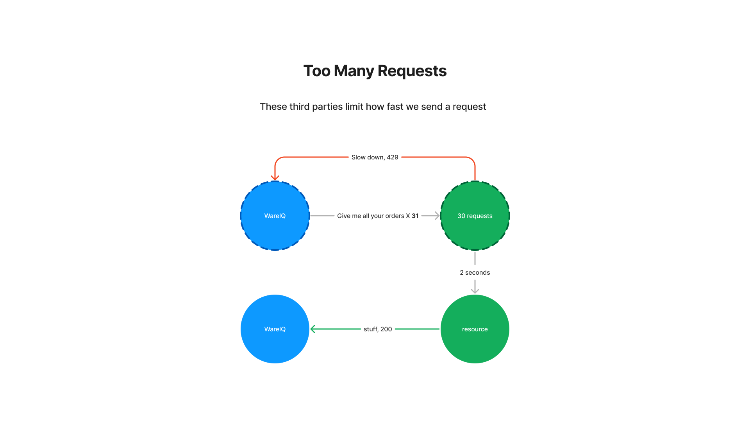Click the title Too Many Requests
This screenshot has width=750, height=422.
(x=375, y=71)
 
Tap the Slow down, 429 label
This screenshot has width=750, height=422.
(x=375, y=157)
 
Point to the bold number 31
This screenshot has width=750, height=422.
(x=415, y=216)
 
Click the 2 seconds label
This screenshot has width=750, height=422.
(x=475, y=272)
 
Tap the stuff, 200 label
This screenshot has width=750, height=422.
(x=378, y=329)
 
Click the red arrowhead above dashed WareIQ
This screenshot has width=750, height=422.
(x=275, y=178)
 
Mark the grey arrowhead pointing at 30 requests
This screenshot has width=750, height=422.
(x=437, y=216)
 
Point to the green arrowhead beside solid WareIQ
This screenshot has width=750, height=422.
(x=313, y=329)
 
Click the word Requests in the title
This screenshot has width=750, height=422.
(x=412, y=71)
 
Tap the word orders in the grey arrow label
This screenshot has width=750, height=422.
(x=394, y=216)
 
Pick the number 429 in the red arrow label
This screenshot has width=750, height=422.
(x=392, y=157)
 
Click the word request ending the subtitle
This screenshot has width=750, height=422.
(x=469, y=107)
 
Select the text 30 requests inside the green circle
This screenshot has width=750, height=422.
(x=475, y=216)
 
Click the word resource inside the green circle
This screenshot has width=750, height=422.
(x=475, y=329)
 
